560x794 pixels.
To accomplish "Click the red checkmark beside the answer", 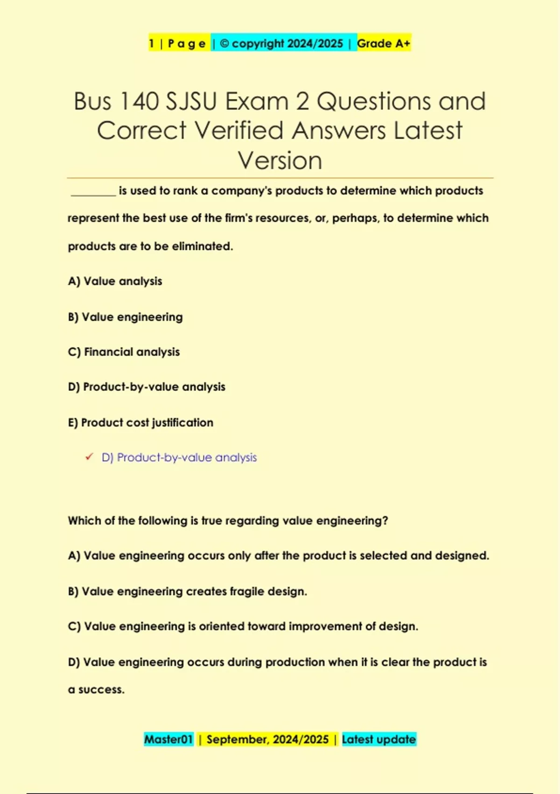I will point(89,457).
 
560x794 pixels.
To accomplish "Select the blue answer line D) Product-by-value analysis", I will point(179,457).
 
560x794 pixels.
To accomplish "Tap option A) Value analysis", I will point(115,281).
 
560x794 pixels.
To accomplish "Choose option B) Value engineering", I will point(125,317).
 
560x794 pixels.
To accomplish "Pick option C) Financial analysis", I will point(124,352).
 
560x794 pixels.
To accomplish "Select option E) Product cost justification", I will point(140,422).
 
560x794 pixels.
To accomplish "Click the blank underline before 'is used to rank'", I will point(93,191).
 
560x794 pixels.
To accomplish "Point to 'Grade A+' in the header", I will point(384,43).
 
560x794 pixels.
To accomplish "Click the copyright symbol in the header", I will point(224,43).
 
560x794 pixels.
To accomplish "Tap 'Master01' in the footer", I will point(168,739).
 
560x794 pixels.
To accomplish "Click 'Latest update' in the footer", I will point(378,739).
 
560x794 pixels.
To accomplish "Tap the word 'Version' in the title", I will point(280,161).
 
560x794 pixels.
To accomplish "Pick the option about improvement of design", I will point(243,626).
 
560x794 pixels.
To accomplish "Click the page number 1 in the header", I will point(151,43).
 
